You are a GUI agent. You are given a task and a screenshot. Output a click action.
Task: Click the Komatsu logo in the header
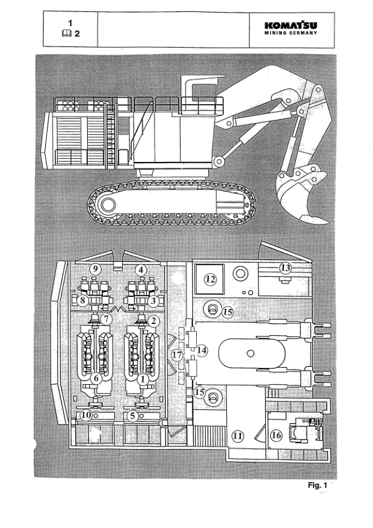pos(291,26)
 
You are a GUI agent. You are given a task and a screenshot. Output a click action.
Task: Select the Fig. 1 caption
pos(319,485)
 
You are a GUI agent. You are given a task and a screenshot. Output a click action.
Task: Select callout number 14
pos(202,349)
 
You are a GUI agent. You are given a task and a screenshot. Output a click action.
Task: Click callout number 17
pos(177,355)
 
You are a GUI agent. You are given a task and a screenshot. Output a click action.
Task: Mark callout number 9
pos(96,269)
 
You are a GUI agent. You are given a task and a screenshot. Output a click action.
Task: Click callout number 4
pos(142,269)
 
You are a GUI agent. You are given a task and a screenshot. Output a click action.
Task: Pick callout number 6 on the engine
pos(97,379)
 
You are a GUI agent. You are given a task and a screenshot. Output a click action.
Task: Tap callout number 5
pos(133,415)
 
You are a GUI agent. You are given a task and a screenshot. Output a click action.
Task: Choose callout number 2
pos(152,320)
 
